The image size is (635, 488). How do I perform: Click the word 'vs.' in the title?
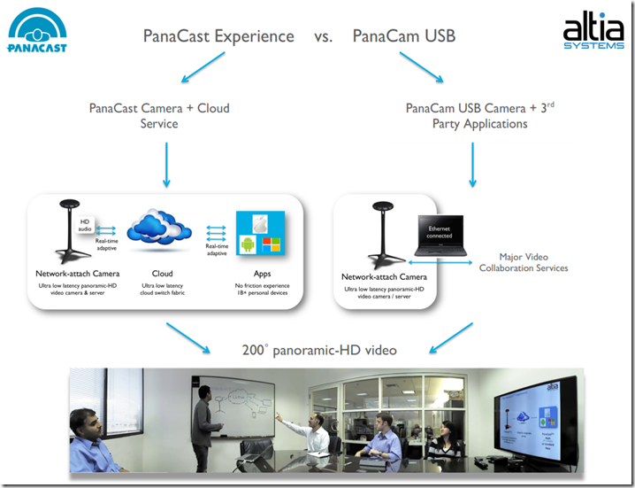(323, 36)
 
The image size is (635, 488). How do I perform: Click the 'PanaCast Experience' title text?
(218, 36)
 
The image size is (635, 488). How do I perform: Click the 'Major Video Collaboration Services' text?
(524, 262)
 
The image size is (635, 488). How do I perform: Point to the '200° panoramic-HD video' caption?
(319, 350)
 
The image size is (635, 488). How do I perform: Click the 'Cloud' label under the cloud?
(163, 274)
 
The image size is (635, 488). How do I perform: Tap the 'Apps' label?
(262, 274)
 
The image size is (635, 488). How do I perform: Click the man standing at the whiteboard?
(203, 423)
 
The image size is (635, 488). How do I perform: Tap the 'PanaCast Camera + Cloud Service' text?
(159, 116)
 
